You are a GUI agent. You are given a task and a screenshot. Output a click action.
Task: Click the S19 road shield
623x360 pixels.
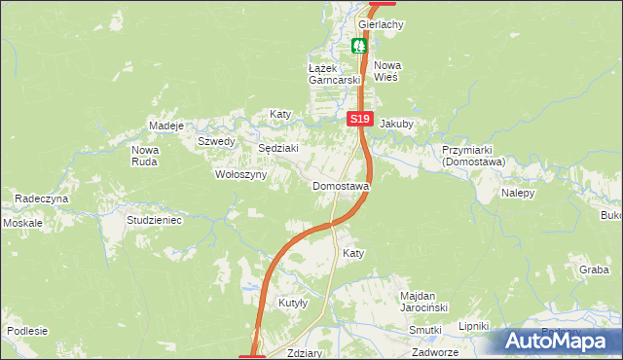pos(360,118)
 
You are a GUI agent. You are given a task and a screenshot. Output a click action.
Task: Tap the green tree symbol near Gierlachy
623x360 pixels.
pos(359,45)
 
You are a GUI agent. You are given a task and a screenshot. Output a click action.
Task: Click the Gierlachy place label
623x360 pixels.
pos(381,24)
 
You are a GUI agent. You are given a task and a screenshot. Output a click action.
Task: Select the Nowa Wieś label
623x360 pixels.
pos(387,71)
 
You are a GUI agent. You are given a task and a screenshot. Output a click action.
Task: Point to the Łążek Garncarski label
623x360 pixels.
pos(334,74)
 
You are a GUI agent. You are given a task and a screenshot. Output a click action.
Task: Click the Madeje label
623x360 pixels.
pos(165,126)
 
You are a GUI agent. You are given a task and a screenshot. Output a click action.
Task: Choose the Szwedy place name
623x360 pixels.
pos(216,141)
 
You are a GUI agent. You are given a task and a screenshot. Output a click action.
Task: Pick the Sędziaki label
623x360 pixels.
pos(276,148)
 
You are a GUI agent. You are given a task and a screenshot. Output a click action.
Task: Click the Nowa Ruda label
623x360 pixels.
pos(145,156)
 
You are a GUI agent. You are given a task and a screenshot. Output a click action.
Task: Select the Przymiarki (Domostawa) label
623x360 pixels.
pos(471,157)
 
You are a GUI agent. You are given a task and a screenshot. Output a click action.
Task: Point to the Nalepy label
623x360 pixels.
pos(519,194)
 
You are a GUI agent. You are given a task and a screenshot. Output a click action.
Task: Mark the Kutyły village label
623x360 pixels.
pos(293,304)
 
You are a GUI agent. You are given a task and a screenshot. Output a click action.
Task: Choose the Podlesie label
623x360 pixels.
pos(26,331)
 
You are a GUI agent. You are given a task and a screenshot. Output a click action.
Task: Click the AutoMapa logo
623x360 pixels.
pos(556,342)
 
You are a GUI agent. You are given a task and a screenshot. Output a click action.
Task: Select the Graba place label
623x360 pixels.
pos(593,270)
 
